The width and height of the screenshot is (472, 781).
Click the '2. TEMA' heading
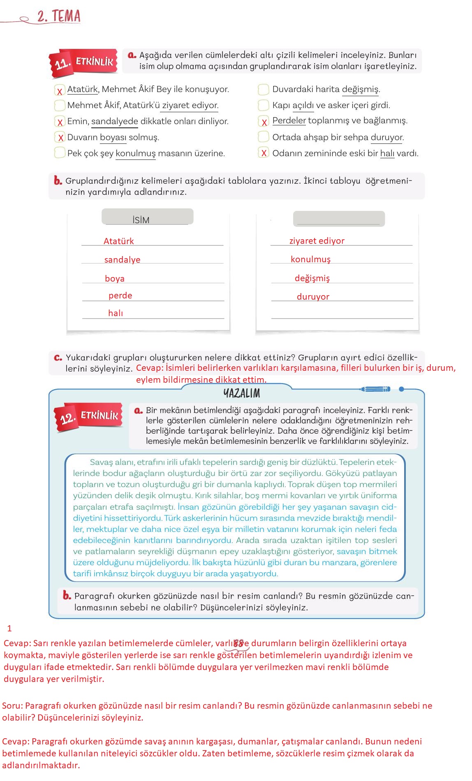point(58,16)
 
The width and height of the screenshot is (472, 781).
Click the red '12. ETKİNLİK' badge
point(89,417)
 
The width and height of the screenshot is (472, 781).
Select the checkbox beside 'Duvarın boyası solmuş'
point(60,137)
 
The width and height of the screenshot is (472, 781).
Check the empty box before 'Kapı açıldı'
point(263,105)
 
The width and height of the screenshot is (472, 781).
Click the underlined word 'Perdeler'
point(289,120)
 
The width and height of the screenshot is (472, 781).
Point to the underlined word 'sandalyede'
point(115,121)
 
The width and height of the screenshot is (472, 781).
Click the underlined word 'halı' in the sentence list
point(387,153)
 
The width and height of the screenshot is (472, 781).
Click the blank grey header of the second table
point(339,219)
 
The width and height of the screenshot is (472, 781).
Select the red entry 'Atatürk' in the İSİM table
point(118,241)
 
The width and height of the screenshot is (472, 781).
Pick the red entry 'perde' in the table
point(120,296)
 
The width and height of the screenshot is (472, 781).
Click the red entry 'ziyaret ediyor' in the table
point(317,241)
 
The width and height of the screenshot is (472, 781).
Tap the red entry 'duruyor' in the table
point(313,297)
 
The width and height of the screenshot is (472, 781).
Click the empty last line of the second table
point(342,314)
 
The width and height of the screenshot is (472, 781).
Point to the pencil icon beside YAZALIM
point(375,389)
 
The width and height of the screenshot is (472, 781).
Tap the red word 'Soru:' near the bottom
point(12,706)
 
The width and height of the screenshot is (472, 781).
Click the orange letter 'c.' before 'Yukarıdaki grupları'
point(58,358)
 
